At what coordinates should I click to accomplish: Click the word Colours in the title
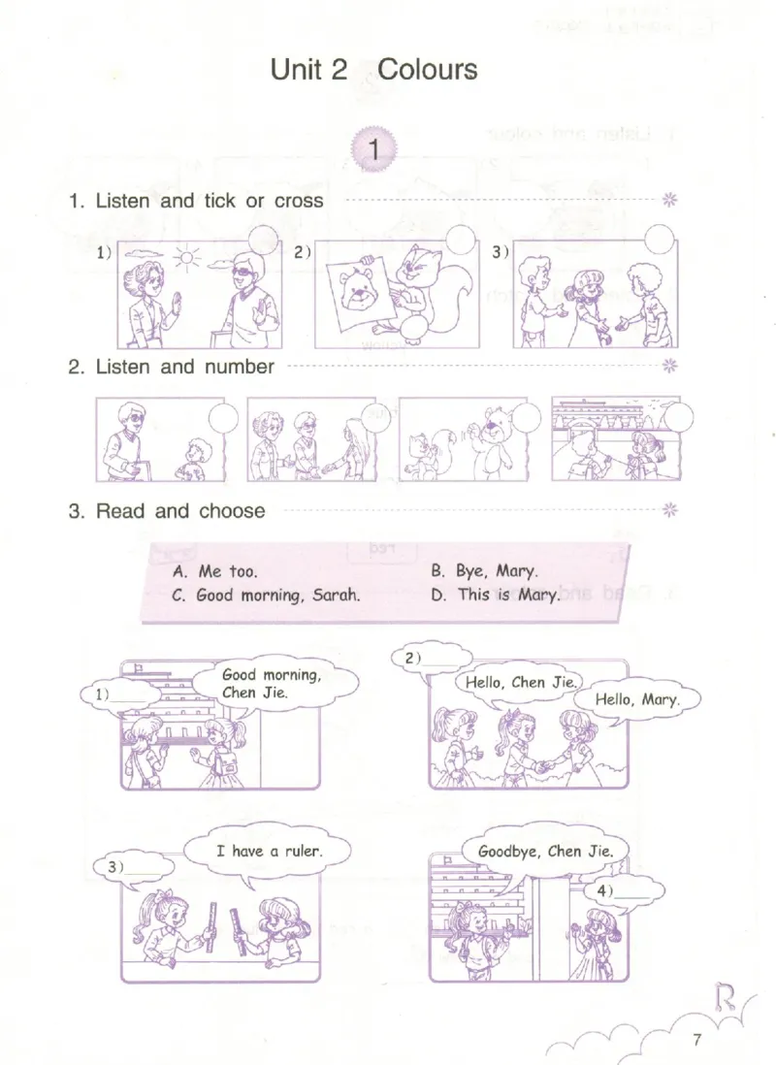pyautogui.click(x=427, y=69)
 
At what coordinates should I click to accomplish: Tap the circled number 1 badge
pyautogui.click(x=373, y=148)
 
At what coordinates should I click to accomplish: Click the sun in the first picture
pyautogui.click(x=186, y=258)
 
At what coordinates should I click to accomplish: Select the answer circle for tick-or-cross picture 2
pyautogui.click(x=460, y=240)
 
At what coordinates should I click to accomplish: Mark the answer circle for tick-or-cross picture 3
pyautogui.click(x=659, y=240)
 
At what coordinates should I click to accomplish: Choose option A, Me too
pyautogui.click(x=215, y=571)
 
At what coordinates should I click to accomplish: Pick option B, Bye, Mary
pyautogui.click(x=484, y=570)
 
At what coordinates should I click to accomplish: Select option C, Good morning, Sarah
pyautogui.click(x=266, y=596)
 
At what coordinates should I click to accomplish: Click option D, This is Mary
pyautogui.click(x=496, y=595)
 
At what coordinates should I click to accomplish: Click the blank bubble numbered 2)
pyautogui.click(x=433, y=660)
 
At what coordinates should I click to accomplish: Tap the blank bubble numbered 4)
pyautogui.click(x=623, y=892)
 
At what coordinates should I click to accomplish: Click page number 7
pyautogui.click(x=696, y=1039)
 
